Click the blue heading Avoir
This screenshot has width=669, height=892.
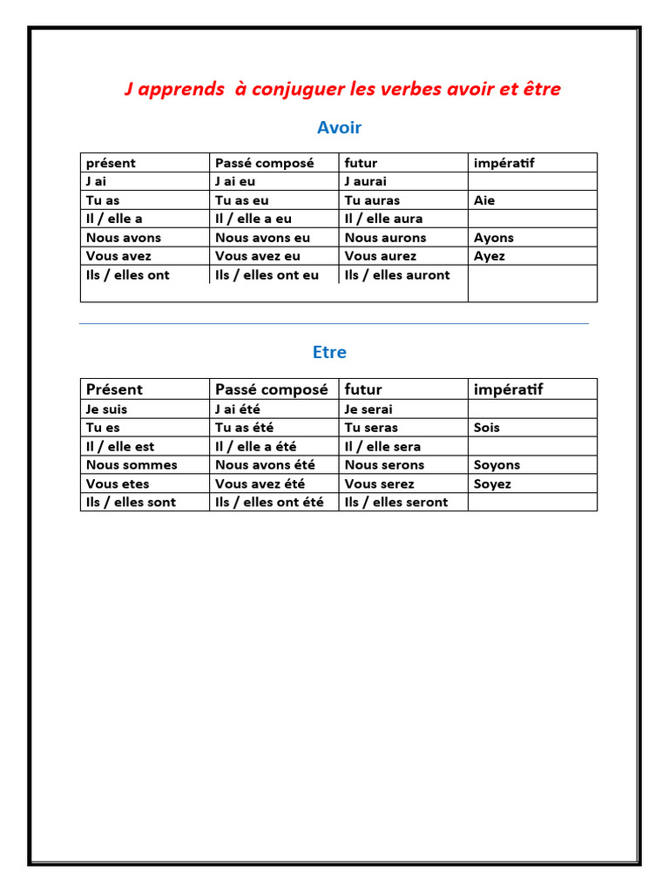339,128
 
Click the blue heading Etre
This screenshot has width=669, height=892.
329,353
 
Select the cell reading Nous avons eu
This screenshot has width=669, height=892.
262,238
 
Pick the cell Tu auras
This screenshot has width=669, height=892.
372,200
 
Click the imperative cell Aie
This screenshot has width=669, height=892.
484,200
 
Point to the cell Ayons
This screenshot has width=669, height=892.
494,238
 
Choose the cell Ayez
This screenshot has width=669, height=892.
490,256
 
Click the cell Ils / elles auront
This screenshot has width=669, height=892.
397,275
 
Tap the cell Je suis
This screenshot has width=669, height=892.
107,409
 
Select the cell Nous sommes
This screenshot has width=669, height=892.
132,465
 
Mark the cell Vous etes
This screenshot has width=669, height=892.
118,483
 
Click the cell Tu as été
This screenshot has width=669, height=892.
244,428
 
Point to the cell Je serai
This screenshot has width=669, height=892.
368,409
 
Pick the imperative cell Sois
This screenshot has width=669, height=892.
487,428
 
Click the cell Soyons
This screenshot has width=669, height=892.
497,465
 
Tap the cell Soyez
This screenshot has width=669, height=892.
492,483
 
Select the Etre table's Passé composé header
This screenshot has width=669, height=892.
272,389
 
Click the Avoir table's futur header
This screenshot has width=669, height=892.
362,163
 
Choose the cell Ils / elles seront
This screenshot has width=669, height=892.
396,502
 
